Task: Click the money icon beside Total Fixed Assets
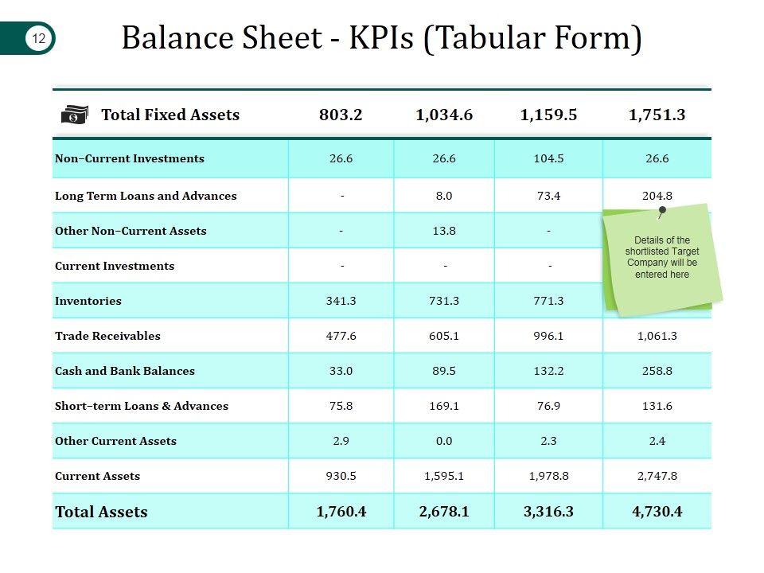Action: coord(75,115)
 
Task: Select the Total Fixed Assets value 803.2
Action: coord(341,115)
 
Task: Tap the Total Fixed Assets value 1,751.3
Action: coord(657,115)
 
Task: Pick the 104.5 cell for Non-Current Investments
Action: coord(548,158)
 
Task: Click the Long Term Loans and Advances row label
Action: coord(146,196)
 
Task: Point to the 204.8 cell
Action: coord(657,196)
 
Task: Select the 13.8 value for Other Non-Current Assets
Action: coord(444,231)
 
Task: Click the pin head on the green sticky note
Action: coord(662,210)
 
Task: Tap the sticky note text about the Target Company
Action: coord(662,257)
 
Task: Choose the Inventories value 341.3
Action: coord(341,301)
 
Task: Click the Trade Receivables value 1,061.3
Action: coord(657,336)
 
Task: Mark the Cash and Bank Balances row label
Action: coord(125,371)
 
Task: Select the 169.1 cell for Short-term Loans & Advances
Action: coord(444,406)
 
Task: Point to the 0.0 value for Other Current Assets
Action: coord(444,441)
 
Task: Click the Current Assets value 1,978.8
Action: coord(548,476)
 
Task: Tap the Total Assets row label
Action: coord(101,512)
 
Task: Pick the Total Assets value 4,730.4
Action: coord(657,511)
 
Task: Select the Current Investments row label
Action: coord(115,266)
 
